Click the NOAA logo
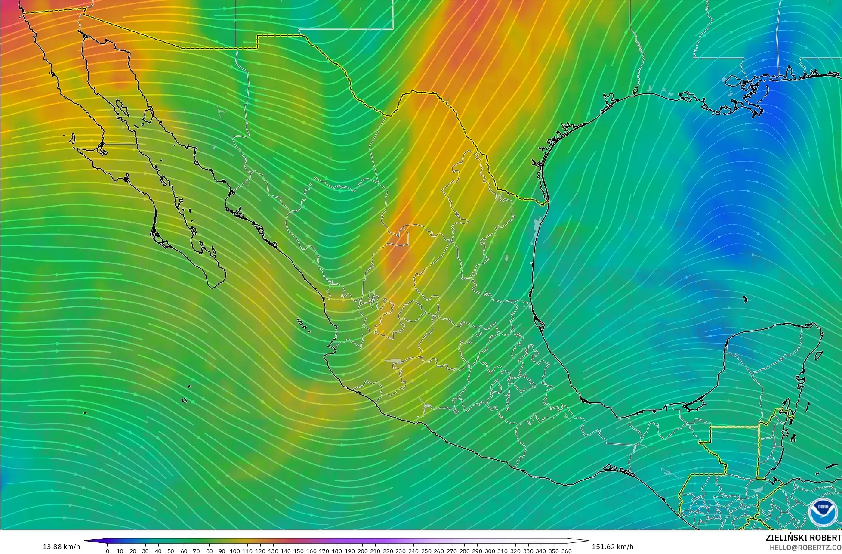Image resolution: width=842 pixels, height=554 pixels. [x=823, y=512]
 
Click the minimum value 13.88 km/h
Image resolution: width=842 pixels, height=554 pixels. [x=61, y=547]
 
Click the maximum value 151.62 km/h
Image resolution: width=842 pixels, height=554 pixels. [x=612, y=547]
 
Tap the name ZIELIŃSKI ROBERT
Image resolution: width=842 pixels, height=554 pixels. [x=803, y=538]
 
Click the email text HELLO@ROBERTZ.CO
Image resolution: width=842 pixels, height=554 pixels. [x=805, y=547]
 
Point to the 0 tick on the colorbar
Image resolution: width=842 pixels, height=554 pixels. [x=108, y=551]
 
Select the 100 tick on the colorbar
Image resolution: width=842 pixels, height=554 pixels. [x=234, y=551]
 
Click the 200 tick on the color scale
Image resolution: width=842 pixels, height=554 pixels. [x=362, y=551]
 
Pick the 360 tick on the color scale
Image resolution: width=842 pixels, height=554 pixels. [x=566, y=551]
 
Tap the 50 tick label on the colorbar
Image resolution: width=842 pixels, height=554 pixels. [x=171, y=551]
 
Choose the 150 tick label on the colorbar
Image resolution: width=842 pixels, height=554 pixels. [x=299, y=551]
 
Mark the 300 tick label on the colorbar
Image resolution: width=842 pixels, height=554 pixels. [x=490, y=551]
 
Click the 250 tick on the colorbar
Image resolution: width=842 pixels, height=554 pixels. [x=426, y=551]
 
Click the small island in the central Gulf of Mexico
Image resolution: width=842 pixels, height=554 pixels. [x=745, y=300]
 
